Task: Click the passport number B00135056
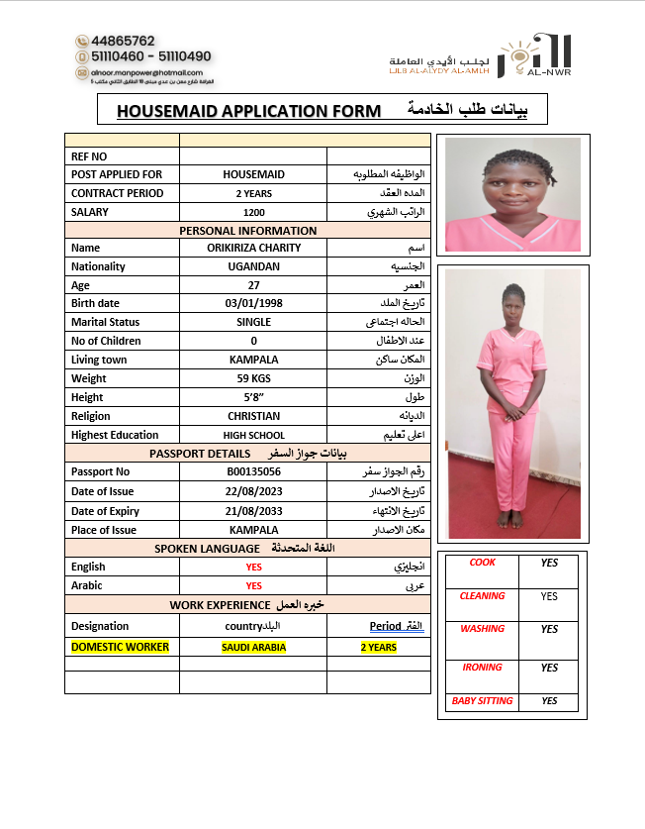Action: pyautogui.click(x=253, y=472)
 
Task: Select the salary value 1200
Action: pyautogui.click(x=253, y=212)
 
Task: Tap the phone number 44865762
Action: pyautogui.click(x=123, y=42)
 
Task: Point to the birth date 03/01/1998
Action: pyautogui.click(x=253, y=303)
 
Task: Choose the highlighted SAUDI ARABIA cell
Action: pyautogui.click(x=253, y=647)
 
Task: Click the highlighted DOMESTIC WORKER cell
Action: pyautogui.click(x=120, y=647)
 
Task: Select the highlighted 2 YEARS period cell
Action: pyautogui.click(x=378, y=648)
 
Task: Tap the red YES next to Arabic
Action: pyautogui.click(x=253, y=585)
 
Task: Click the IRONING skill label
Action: pyautogui.click(x=482, y=668)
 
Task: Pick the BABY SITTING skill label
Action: pyautogui.click(x=482, y=701)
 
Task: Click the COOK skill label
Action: pyautogui.click(x=482, y=563)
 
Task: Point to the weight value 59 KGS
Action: pyautogui.click(x=253, y=378)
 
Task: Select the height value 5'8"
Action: pyautogui.click(x=253, y=397)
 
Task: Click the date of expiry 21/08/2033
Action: pyautogui.click(x=253, y=511)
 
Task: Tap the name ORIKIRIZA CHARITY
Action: pyautogui.click(x=253, y=248)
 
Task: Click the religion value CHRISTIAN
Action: pyautogui.click(x=253, y=416)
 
